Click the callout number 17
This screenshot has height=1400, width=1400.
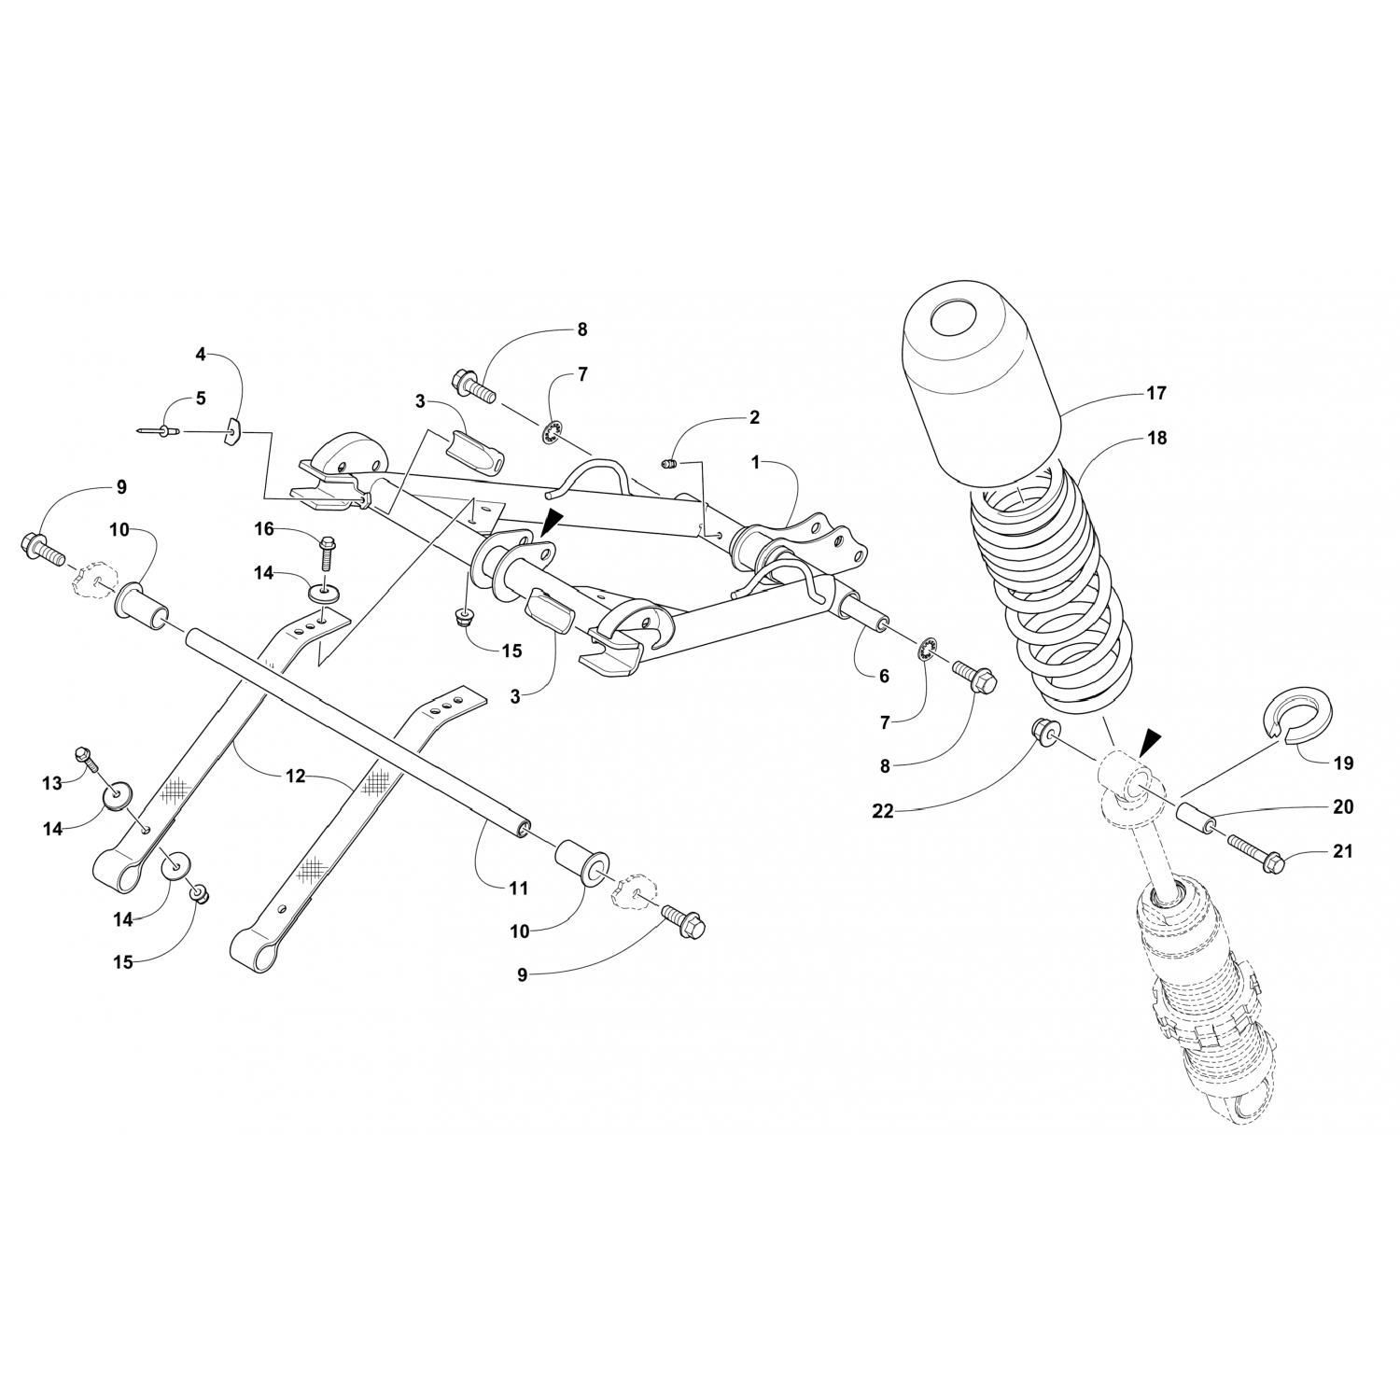1155,394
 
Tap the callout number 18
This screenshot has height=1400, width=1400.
1156,438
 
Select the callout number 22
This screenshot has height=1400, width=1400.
882,811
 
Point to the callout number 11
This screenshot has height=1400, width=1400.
519,888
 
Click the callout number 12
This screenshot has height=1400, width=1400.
295,776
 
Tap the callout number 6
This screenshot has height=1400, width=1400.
884,676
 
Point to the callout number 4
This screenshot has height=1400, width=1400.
200,354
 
